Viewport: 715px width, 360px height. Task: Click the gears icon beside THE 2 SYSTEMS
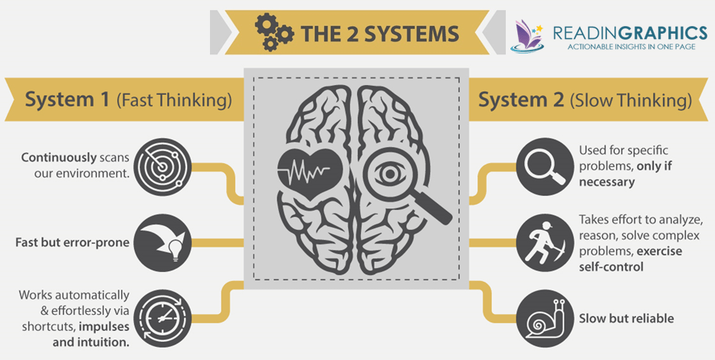[274, 31]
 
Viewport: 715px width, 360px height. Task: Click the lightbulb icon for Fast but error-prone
[163, 243]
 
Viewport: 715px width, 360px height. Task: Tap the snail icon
[546, 317]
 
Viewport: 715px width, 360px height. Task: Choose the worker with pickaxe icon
[545, 243]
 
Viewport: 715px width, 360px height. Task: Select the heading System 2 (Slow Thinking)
[585, 100]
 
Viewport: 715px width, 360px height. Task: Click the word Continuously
[59, 157]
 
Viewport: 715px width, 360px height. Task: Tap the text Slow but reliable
[627, 318]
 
